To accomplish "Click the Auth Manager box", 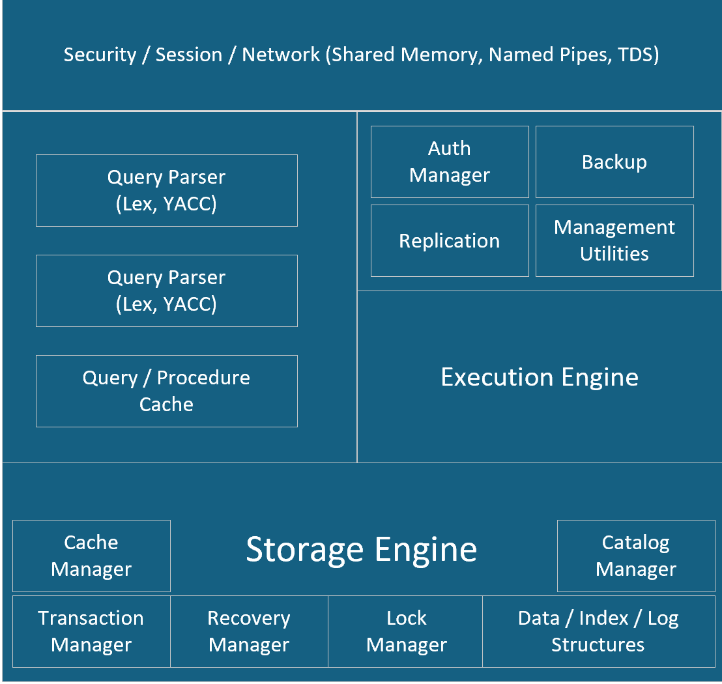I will (x=450, y=162).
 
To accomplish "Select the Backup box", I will (x=614, y=162).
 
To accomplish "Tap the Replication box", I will (x=450, y=240).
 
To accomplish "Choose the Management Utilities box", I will (x=614, y=240).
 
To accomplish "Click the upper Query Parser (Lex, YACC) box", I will (x=167, y=190).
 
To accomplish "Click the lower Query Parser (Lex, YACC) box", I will (x=167, y=291).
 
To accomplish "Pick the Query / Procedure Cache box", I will (x=167, y=391).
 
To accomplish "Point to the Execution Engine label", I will (x=540, y=377).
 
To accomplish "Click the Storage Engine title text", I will (x=361, y=549).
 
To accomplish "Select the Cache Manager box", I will (x=91, y=556).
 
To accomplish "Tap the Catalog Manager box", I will (x=636, y=556).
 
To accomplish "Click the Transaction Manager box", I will (x=91, y=631).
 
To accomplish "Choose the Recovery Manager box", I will (x=249, y=631).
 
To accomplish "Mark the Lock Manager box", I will (x=406, y=631).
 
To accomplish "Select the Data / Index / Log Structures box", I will (x=598, y=631).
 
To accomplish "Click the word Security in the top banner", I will (x=100, y=55).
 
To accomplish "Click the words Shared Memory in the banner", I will (x=406, y=55).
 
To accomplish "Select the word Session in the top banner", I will (x=189, y=55).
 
